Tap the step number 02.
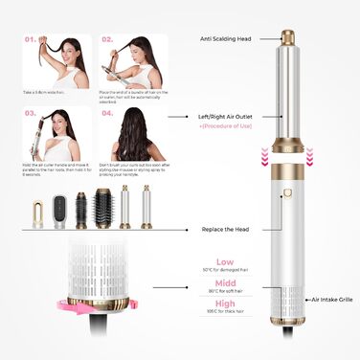point(108,41)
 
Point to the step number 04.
point(108,113)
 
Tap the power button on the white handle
point(285,198)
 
